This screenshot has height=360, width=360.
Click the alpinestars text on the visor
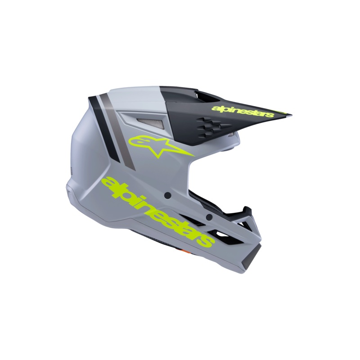coord(243,111)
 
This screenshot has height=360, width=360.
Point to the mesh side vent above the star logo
coord(150,123)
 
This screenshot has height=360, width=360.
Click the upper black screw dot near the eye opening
coord(168,196)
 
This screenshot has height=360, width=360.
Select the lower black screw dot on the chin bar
coord(209,216)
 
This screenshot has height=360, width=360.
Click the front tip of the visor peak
coord(291,115)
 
